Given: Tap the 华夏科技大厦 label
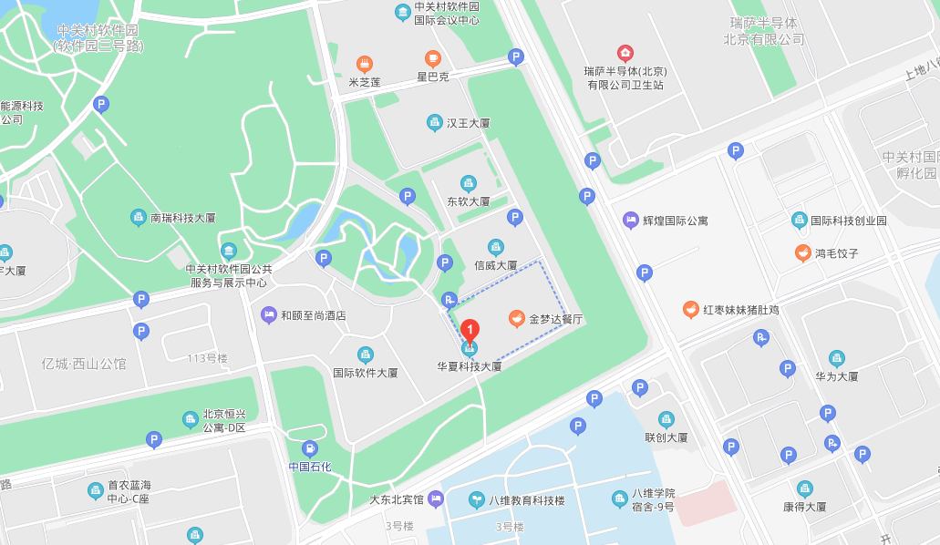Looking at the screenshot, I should point(470,366).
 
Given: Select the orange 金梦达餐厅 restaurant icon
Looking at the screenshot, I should point(517,319).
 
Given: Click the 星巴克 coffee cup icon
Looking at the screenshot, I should point(433,59).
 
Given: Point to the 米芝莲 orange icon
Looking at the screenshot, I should point(365,64).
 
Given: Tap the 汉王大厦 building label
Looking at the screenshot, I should point(469,122).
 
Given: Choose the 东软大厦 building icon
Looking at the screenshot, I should point(469,183).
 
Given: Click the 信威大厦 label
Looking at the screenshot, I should point(495,265).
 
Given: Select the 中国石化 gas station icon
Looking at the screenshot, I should point(310,448).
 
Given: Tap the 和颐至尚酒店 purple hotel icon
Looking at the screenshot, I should point(268,315).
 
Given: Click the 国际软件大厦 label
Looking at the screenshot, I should point(365,373).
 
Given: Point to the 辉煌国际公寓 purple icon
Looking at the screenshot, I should point(630,220).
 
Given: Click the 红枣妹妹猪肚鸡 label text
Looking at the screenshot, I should point(740,310).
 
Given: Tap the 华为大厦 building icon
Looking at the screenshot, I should point(836,358).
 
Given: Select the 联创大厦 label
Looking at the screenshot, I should point(666,437).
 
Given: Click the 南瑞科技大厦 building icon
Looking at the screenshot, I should point(138,218).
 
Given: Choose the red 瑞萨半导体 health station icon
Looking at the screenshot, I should point(625,53).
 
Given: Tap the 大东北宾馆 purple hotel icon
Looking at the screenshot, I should point(436,499).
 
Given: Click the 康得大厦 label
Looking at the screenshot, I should point(804,507).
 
